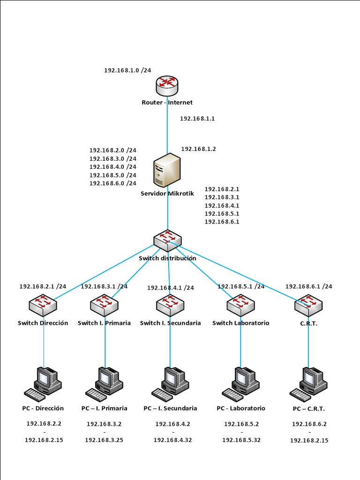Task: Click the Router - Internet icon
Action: pyautogui.click(x=167, y=85)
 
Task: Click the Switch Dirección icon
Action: pyautogui.click(x=43, y=305)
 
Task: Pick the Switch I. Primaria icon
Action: pyautogui.click(x=104, y=305)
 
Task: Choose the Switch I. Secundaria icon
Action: pyautogui.click(x=170, y=305)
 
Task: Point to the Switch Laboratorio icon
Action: pyautogui.click(x=240, y=305)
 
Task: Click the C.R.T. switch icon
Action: pyautogui.click(x=308, y=305)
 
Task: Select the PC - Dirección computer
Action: pyautogui.click(x=43, y=382)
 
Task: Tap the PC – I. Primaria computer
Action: pyautogui.click(x=105, y=382)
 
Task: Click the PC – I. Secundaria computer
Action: pyautogui.click(x=170, y=382)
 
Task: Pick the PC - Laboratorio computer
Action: pyautogui.click(x=241, y=382)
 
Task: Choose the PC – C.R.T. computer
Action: pyautogui.click(x=308, y=382)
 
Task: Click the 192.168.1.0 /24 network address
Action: pyautogui.click(x=127, y=70)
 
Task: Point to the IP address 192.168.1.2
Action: pyautogui.click(x=198, y=149)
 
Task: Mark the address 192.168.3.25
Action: pyautogui.click(x=104, y=440)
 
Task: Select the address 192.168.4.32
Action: pyautogui.click(x=172, y=440)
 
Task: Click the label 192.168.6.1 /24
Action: pyautogui.click(x=308, y=286)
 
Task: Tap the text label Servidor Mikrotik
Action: pyautogui.click(x=167, y=193)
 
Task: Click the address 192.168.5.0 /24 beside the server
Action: pyautogui.click(x=112, y=175)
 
